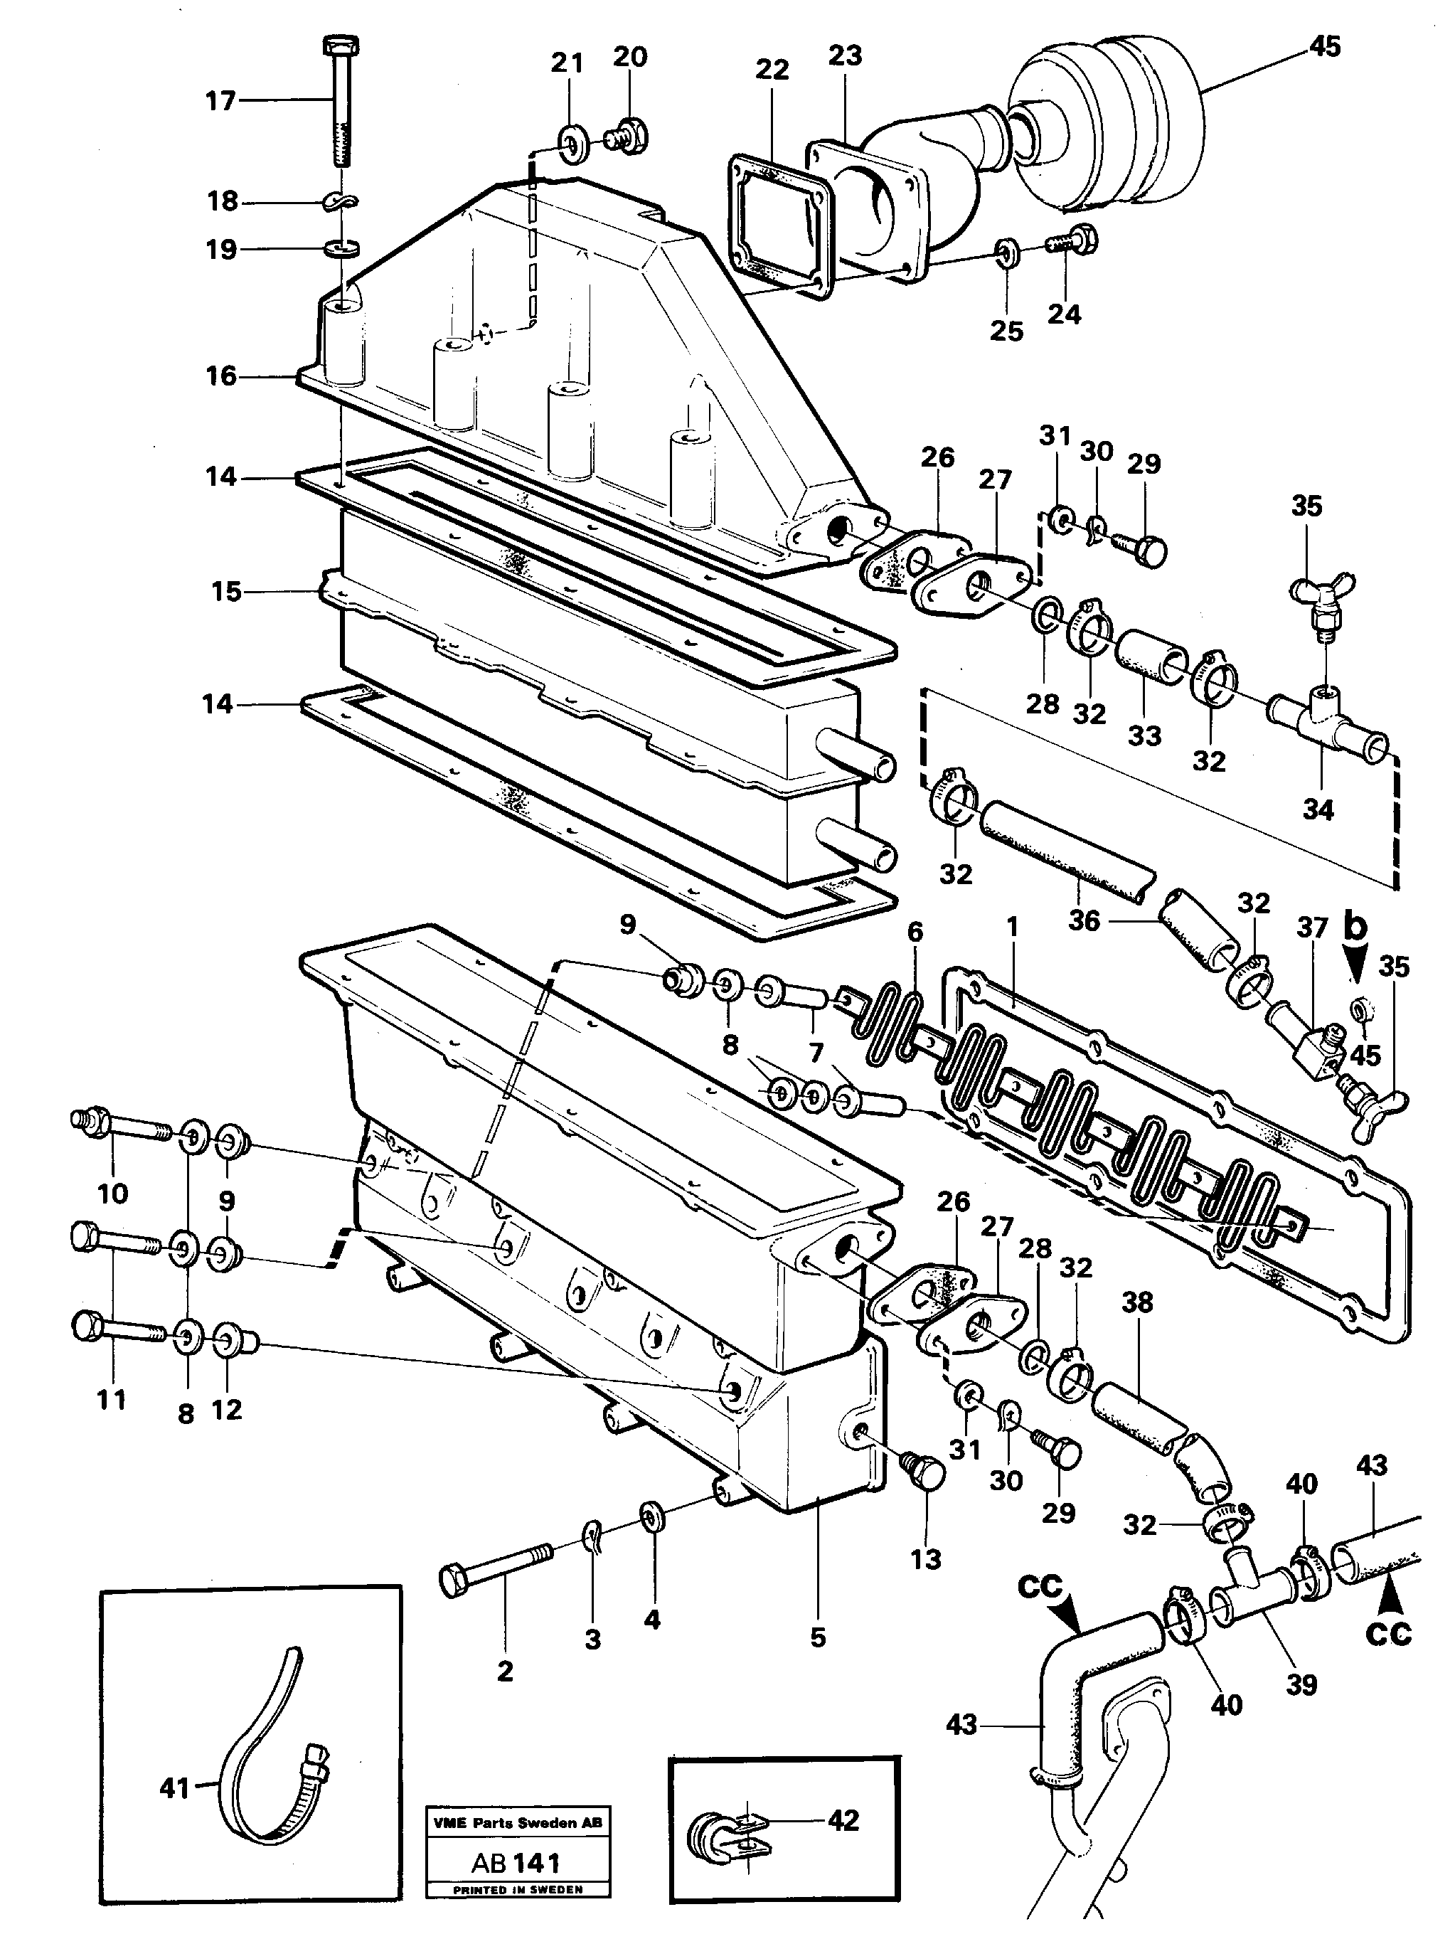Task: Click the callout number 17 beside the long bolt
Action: pos(220,102)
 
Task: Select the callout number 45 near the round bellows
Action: pos(1324,47)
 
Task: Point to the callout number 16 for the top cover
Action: pos(220,376)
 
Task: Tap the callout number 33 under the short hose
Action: pos(1144,735)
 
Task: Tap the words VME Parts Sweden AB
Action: pos(518,1823)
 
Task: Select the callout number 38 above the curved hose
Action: pos(1136,1303)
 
